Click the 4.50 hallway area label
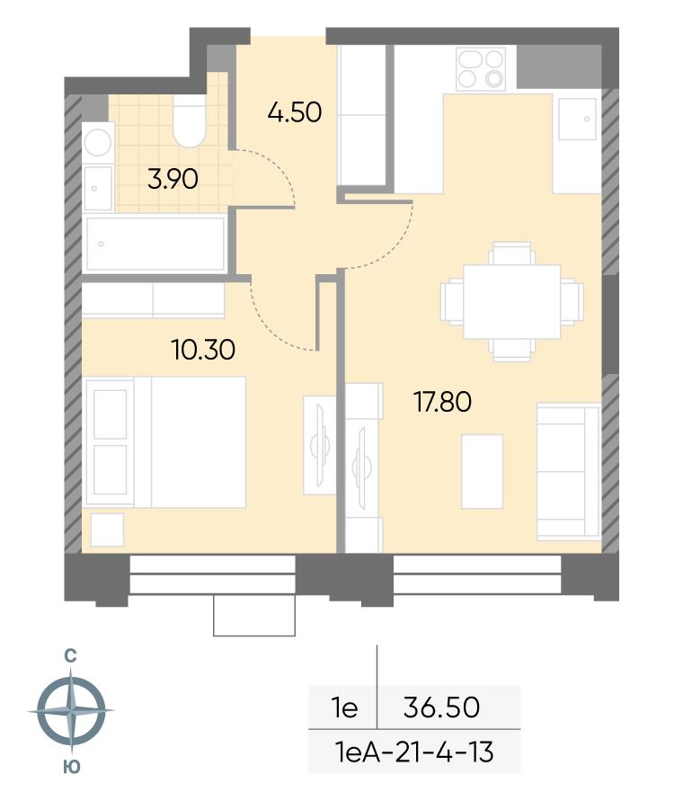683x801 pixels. click(x=295, y=111)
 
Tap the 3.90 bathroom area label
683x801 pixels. click(x=173, y=179)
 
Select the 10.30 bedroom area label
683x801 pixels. click(x=203, y=350)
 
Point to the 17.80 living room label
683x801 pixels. click(x=442, y=402)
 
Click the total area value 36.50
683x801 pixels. click(x=441, y=708)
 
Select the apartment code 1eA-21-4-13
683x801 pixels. click(x=414, y=752)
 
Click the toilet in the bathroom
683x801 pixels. click(x=189, y=121)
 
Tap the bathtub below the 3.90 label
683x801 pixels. click(x=155, y=244)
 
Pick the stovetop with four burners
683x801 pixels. click(x=481, y=68)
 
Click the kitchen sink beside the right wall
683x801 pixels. click(x=577, y=119)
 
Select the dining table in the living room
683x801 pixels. click(x=512, y=301)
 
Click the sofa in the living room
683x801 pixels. click(x=568, y=471)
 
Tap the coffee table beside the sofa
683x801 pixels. click(x=482, y=471)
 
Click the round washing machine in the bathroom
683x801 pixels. click(x=98, y=142)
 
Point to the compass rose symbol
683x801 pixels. click(x=71, y=710)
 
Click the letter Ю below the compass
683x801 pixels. click(x=72, y=766)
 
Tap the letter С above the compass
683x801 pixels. click(x=70, y=655)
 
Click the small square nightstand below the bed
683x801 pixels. click(x=107, y=530)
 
